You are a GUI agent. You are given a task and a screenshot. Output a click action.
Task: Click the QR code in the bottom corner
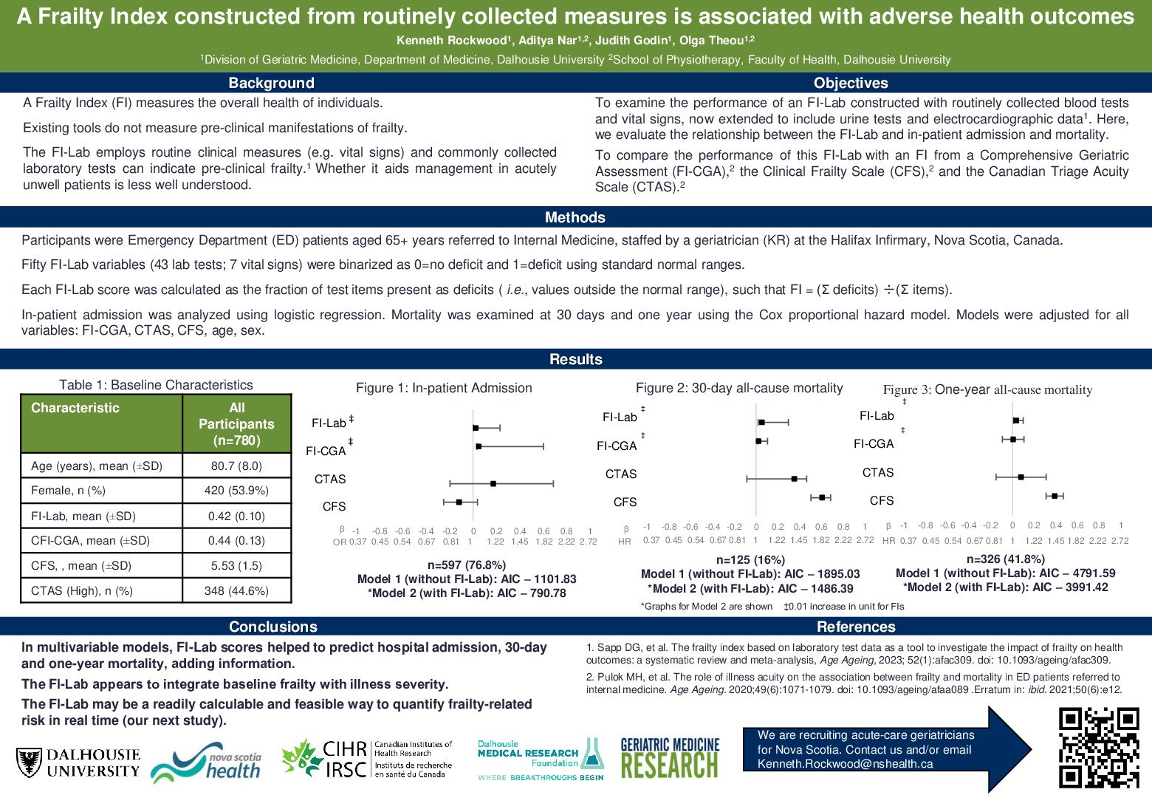click(x=1099, y=747)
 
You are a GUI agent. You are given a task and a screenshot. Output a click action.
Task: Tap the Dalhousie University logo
click(x=78, y=763)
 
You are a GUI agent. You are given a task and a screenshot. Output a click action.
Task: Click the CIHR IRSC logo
click(x=367, y=759)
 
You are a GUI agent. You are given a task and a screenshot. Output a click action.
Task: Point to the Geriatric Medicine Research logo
click(x=670, y=758)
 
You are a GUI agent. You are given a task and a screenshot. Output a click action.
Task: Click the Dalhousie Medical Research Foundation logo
click(x=541, y=759)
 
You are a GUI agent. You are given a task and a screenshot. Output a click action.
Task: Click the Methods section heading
click(x=575, y=217)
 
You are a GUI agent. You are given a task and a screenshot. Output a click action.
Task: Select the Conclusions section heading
click(x=273, y=627)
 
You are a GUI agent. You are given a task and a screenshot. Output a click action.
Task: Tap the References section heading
click(x=856, y=627)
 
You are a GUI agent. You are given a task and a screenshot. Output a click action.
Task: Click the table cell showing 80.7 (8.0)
click(x=236, y=465)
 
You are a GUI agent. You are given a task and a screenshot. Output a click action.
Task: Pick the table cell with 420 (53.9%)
click(x=236, y=490)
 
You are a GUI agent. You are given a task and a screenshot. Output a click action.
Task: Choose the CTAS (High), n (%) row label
click(x=82, y=590)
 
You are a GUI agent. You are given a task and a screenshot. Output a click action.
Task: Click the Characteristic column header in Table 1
click(x=75, y=408)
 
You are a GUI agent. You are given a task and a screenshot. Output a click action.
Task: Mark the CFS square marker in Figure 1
click(x=459, y=502)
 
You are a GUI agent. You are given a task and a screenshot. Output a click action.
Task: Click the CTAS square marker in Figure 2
click(x=795, y=479)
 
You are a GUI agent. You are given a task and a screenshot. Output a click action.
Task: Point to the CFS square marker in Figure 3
click(x=1055, y=496)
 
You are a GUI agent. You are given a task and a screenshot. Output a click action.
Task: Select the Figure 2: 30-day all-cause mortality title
click(x=739, y=388)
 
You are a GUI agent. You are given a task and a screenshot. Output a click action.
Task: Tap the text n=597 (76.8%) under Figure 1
click(x=467, y=565)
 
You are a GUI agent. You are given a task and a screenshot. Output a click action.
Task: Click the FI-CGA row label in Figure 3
click(x=874, y=443)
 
